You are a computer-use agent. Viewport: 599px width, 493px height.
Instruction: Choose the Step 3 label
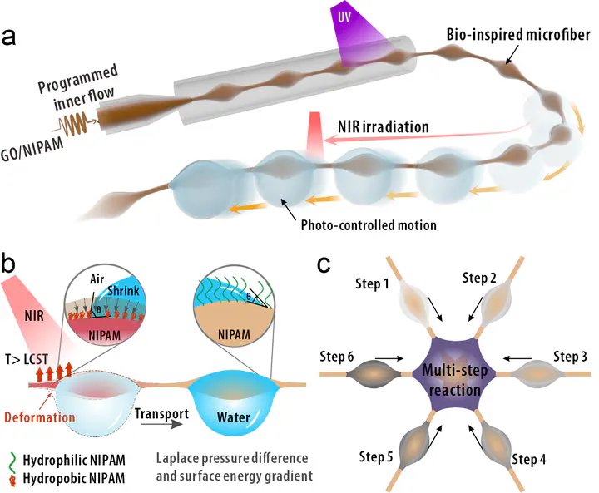point(567,356)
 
